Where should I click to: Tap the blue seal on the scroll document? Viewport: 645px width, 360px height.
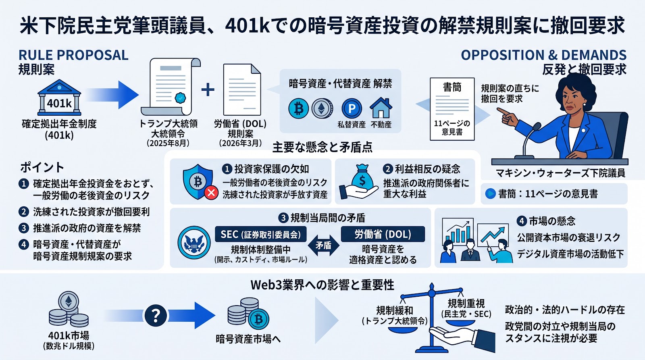pyautogui.click(x=180, y=98)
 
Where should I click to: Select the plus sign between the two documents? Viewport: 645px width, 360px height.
pyautogui.click(x=208, y=89)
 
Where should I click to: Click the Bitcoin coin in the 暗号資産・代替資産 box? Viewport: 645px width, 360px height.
pyautogui.click(x=298, y=109)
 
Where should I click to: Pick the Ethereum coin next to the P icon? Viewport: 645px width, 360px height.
pyautogui.click(x=322, y=108)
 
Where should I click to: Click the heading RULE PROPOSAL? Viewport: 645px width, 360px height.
pyautogui.click(x=73, y=55)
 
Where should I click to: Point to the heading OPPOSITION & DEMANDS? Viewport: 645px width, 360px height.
pyautogui.click(x=544, y=55)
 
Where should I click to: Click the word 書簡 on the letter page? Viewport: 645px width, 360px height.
pyautogui.click(x=452, y=87)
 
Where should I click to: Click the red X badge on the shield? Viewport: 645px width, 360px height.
pyautogui.click(x=211, y=193)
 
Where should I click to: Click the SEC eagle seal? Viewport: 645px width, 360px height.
pyautogui.click(x=194, y=243)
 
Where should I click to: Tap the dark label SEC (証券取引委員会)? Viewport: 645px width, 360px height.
pyautogui.click(x=260, y=234)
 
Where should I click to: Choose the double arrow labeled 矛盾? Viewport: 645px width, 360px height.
pyautogui.click(x=323, y=246)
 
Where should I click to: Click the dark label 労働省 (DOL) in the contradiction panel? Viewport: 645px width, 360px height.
pyautogui.click(x=383, y=234)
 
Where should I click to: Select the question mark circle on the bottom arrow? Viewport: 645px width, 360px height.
pyautogui.click(x=156, y=316)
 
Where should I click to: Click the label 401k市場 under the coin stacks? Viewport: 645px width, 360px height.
pyautogui.click(x=69, y=335)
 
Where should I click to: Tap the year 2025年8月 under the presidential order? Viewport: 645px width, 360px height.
pyautogui.click(x=168, y=143)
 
